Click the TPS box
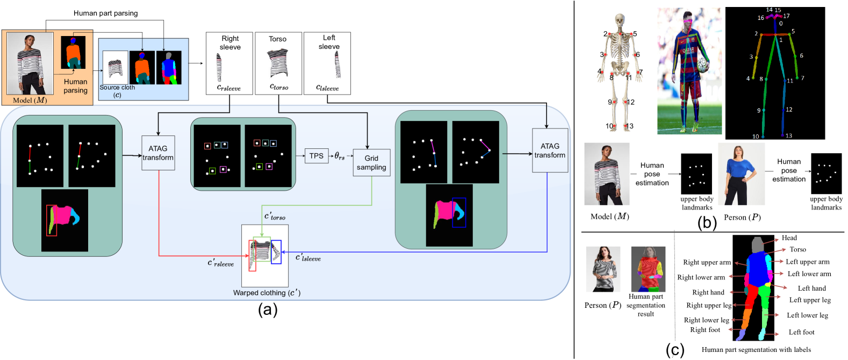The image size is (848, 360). pos(317,156)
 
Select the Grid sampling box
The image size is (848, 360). pos(371,163)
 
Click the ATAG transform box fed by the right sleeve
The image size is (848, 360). pos(158,153)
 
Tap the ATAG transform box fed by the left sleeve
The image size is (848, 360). pos(550,150)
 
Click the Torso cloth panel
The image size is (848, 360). pos(278,63)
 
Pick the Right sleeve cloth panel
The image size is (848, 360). pos(229,63)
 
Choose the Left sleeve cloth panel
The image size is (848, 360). pos(327,63)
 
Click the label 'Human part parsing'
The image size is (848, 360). pos(106,13)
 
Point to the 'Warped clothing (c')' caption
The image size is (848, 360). pos(267,293)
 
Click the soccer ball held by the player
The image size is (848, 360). pos(703,65)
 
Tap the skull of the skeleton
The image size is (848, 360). pos(620,20)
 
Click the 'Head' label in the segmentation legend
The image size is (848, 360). pos(789,237)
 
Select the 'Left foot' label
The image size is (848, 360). pos(801,332)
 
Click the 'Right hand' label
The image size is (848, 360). pos(708,292)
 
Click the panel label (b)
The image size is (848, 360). pos(707,223)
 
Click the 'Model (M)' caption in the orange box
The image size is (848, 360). pos(30,100)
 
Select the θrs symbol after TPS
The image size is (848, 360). pos(339,156)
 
